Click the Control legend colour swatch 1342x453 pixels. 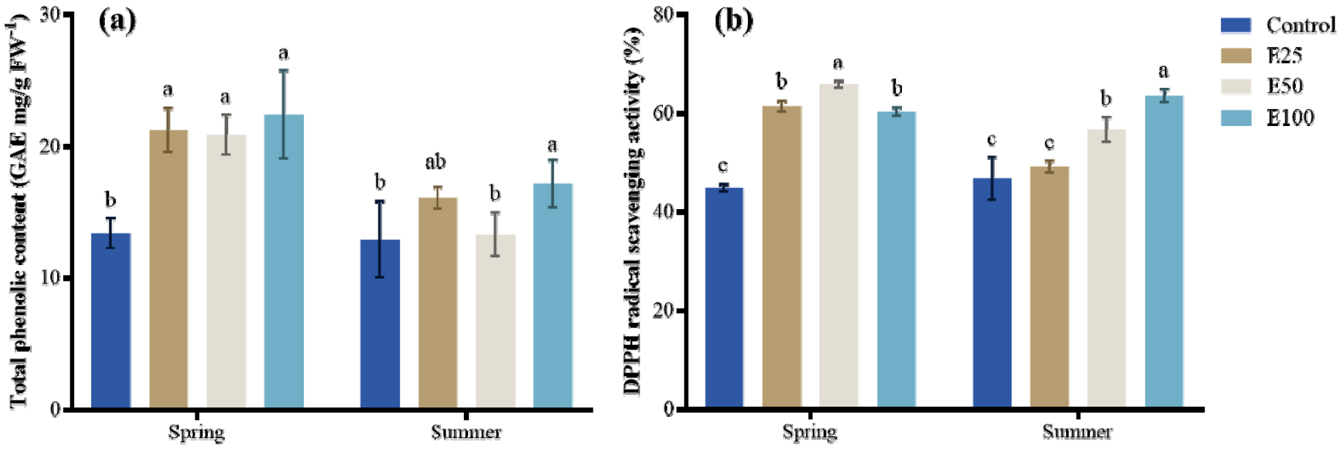tap(1236, 25)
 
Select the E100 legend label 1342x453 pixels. tap(1290, 118)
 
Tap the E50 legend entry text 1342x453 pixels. tap(1285, 87)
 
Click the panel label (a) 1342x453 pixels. tap(117, 21)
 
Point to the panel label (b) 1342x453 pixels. tap(734, 21)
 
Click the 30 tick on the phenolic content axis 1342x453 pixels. tap(50, 15)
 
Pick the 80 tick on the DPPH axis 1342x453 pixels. tap(664, 15)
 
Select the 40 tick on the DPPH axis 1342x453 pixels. tap(664, 212)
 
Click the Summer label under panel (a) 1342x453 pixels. tap(466, 433)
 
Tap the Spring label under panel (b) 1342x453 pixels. tap(809, 433)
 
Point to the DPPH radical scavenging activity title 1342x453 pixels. tap(632, 211)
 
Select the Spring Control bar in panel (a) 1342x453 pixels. tap(110, 320)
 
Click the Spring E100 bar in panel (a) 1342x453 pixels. tap(283, 262)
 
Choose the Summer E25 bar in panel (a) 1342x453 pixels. tap(437, 303)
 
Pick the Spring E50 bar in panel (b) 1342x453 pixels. tap(838, 245)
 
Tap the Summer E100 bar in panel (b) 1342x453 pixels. tap(1164, 252)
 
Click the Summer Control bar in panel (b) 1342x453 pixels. tap(992, 293)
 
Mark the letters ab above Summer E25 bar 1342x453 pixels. tap(435, 162)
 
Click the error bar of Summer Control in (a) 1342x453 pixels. tap(379, 238)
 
